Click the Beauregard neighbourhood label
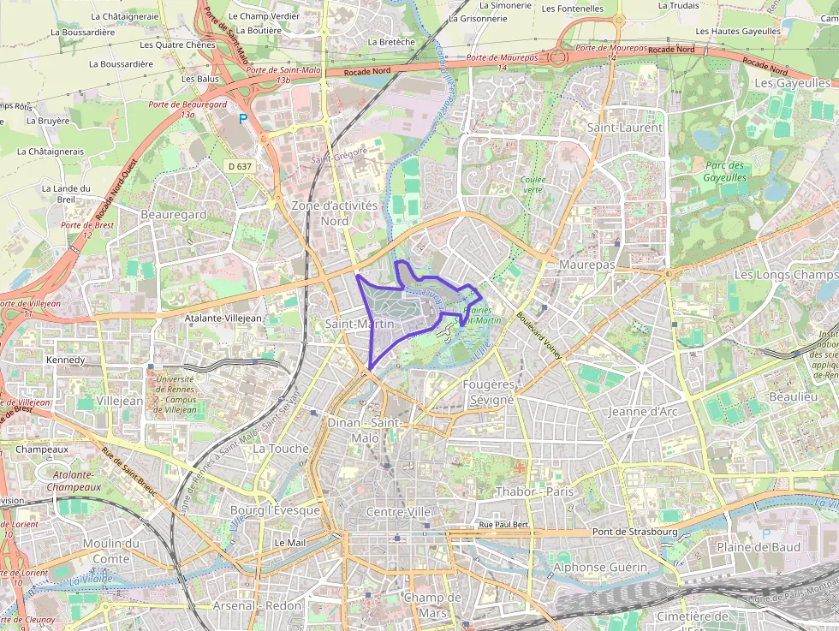pos(174,214)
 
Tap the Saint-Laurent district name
pos(624,127)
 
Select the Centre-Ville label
pos(398,511)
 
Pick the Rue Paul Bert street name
pos(503,524)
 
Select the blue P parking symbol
pos(243,119)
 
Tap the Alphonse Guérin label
pos(600,567)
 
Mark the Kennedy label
pos(65,360)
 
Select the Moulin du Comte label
pos(111,551)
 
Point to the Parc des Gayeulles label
pos(724,171)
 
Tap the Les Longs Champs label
pos(786,274)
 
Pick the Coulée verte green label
pos(533,184)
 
